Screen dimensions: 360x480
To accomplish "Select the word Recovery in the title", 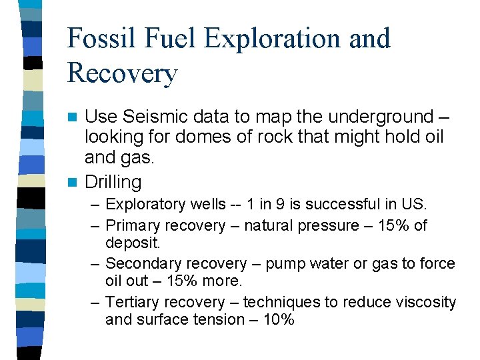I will click(123, 73).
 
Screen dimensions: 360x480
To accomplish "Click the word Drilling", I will click(113, 181).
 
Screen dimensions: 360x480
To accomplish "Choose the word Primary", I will click(133, 225).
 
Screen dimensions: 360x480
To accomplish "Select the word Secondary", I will click(141, 264).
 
